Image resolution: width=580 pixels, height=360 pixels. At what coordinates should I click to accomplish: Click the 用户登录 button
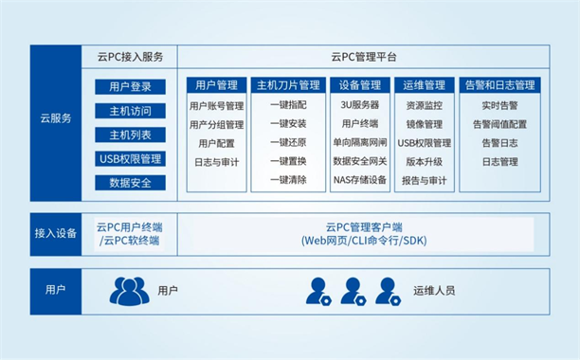click(130, 87)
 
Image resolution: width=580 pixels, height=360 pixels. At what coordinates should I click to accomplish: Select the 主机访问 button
click(130, 111)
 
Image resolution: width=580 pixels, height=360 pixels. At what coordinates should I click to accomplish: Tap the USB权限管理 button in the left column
click(130, 158)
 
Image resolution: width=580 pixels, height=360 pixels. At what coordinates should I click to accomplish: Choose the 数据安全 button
click(130, 182)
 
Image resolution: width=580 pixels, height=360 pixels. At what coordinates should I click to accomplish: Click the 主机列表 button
click(130, 135)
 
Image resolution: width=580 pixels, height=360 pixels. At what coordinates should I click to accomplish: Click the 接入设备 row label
click(55, 233)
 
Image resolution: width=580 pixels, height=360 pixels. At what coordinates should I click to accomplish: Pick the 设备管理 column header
click(359, 85)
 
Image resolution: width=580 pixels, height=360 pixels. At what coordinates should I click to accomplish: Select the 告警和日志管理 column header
click(498, 85)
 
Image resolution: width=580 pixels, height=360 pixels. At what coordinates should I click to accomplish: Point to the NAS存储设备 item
click(359, 179)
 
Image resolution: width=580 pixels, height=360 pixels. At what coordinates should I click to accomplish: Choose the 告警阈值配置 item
click(498, 124)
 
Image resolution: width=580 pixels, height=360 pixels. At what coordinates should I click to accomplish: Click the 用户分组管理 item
click(216, 124)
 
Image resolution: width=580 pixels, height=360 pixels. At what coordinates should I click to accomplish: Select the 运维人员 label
click(434, 289)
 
